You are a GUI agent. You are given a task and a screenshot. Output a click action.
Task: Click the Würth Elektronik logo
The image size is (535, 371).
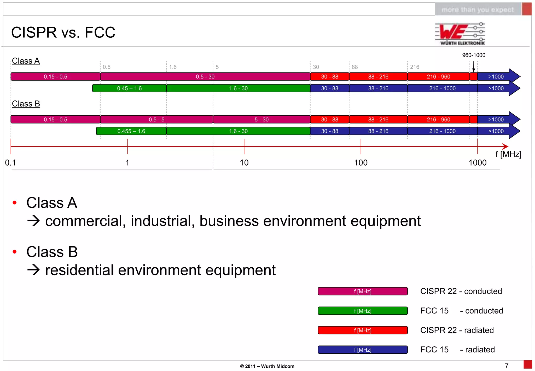460,33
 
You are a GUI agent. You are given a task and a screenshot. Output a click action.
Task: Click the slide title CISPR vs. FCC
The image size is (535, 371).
63,32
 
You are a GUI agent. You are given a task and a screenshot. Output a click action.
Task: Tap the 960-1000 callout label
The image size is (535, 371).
473,55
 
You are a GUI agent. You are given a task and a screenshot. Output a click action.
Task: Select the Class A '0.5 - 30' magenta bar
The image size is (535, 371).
205,77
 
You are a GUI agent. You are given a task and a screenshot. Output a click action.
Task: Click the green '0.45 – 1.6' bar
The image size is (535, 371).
129,88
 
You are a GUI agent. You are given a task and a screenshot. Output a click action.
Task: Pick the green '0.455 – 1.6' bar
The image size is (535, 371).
131,131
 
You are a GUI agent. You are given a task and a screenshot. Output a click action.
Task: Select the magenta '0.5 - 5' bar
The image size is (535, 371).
156,120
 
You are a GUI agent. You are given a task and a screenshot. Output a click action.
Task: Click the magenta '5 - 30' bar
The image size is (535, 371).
261,120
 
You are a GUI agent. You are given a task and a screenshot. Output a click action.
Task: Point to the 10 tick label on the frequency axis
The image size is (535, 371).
244,163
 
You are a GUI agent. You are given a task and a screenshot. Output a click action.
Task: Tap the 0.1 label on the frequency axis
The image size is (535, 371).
10,163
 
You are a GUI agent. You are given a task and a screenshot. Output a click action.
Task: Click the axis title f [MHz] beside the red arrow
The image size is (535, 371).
508,154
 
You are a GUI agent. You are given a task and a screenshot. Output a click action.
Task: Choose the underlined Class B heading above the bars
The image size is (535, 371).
26,104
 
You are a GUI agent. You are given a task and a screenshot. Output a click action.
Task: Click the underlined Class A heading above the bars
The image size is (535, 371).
26,61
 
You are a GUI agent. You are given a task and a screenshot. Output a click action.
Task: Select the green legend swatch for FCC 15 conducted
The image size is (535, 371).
362,311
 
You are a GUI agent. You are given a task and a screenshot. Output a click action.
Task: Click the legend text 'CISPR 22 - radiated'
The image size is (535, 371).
457,330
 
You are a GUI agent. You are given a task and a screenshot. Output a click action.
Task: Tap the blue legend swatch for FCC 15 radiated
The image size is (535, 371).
362,350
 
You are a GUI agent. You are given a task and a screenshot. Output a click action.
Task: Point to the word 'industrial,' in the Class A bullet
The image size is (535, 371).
162,221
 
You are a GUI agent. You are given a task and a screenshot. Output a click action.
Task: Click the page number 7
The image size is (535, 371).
507,366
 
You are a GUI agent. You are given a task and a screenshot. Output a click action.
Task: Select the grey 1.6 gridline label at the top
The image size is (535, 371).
173,67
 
